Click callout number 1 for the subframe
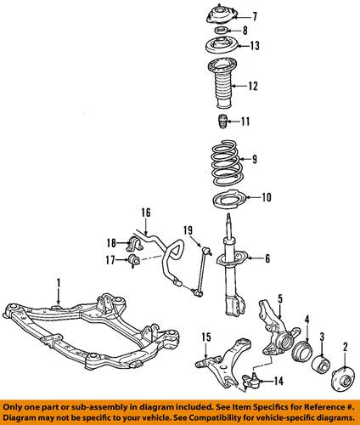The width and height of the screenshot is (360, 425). pos(58,280)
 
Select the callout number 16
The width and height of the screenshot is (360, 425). pos(145,212)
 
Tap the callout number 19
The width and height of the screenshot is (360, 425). pos(188,229)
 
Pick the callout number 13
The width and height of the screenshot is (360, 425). pos(254,45)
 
